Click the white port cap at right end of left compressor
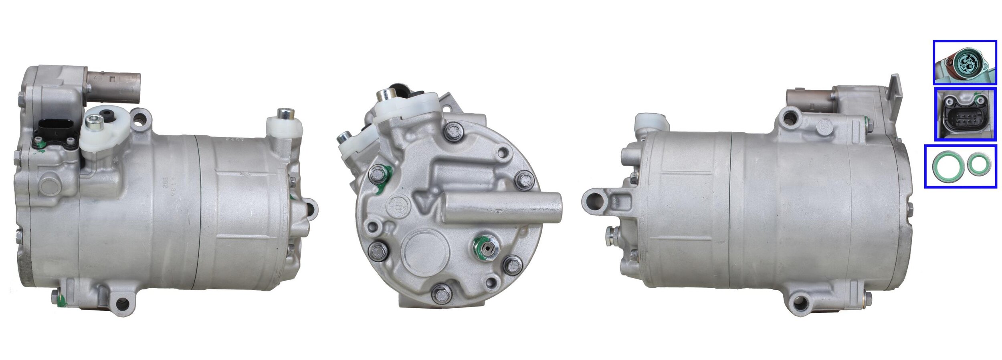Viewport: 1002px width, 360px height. click(x=285, y=125)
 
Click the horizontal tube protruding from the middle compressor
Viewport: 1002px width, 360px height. click(x=503, y=207)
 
